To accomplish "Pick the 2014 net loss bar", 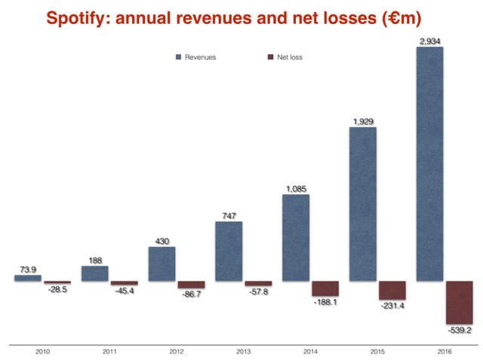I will tap(325, 288).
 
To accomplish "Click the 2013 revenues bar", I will tap(229, 251).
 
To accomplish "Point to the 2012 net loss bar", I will tap(191, 285).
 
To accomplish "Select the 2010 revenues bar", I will tap(28, 278).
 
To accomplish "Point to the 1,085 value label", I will tap(296, 189).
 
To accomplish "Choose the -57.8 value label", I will tap(258, 291).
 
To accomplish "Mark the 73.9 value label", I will tap(27, 269).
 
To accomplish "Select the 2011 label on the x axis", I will tap(109, 351).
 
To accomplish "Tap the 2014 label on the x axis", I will tap(310, 351).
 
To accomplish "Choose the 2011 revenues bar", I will tap(95, 273).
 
